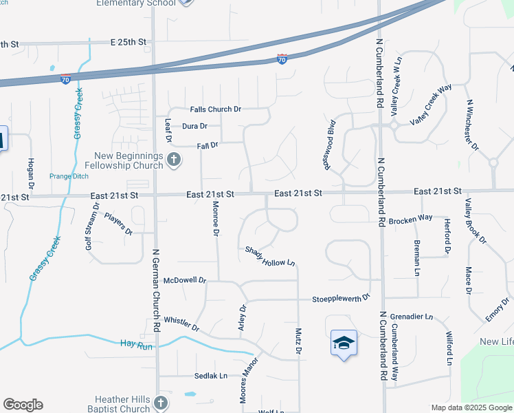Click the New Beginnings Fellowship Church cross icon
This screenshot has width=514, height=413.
pos(173,160)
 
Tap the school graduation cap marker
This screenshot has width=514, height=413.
pos(344,342)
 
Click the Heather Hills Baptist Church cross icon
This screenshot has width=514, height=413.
pos(160,403)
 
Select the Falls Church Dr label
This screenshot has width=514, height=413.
pos(216,109)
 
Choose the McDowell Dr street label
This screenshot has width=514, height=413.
pos(185,281)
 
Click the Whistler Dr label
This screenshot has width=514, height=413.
pos(181,324)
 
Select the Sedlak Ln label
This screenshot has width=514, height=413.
pos(212,376)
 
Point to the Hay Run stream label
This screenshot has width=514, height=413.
pos(133,343)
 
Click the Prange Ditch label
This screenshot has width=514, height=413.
pos(69,176)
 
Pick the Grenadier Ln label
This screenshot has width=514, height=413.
pos(412,317)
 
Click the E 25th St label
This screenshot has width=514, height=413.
pos(128,42)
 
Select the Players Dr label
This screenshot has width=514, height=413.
pos(118,224)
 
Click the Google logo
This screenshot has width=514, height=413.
pos(23,405)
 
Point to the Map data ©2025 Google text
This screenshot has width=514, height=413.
pos(471,407)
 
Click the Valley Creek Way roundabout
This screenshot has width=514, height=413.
pos(394,125)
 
